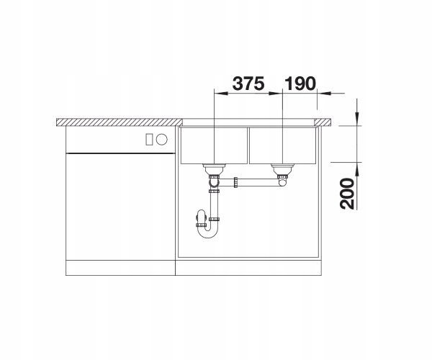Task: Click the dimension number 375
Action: click(248, 84)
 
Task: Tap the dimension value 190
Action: click(300, 84)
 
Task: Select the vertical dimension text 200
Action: click(347, 194)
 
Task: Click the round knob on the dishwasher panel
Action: click(162, 139)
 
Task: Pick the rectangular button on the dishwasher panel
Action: click(149, 139)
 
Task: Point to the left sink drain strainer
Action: click(214, 168)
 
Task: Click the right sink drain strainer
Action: click(282, 168)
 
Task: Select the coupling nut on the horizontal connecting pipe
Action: click(235, 182)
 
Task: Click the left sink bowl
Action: click(214, 145)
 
